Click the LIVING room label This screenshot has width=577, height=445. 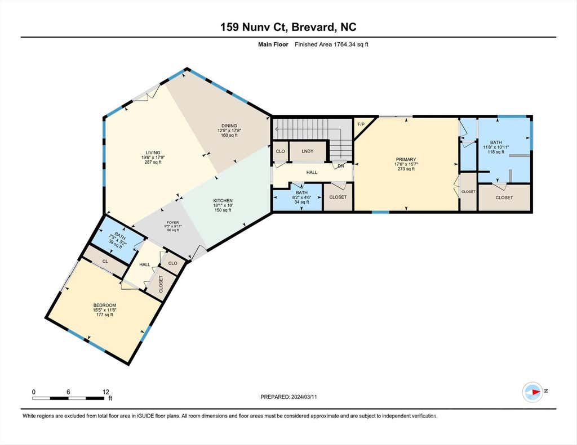click(x=153, y=152)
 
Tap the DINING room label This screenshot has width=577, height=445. click(x=229, y=125)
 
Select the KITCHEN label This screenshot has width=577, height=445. click(x=223, y=201)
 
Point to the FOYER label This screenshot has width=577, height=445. click(x=173, y=222)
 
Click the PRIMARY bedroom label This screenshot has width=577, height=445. click(x=406, y=159)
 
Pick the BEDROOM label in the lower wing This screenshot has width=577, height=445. click(x=104, y=305)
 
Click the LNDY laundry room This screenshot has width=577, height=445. click(x=307, y=151)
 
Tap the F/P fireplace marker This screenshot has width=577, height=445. click(x=361, y=124)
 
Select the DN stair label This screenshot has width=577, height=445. click(x=341, y=166)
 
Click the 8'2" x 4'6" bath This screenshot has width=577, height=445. click(x=302, y=197)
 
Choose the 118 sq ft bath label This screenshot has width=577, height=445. click(x=496, y=152)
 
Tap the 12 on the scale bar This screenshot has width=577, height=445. click(x=106, y=392)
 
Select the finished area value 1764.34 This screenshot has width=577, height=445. click(x=346, y=44)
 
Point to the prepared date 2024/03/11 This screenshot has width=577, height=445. click(x=304, y=397)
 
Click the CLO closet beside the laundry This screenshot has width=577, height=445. click(x=281, y=151)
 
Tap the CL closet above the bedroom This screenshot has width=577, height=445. click(x=105, y=261)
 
